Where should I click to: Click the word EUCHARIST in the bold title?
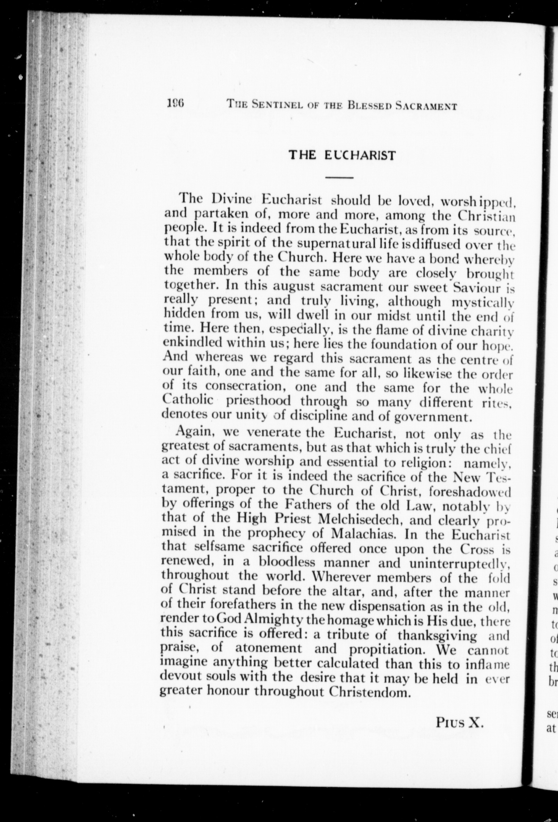point(359,155)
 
